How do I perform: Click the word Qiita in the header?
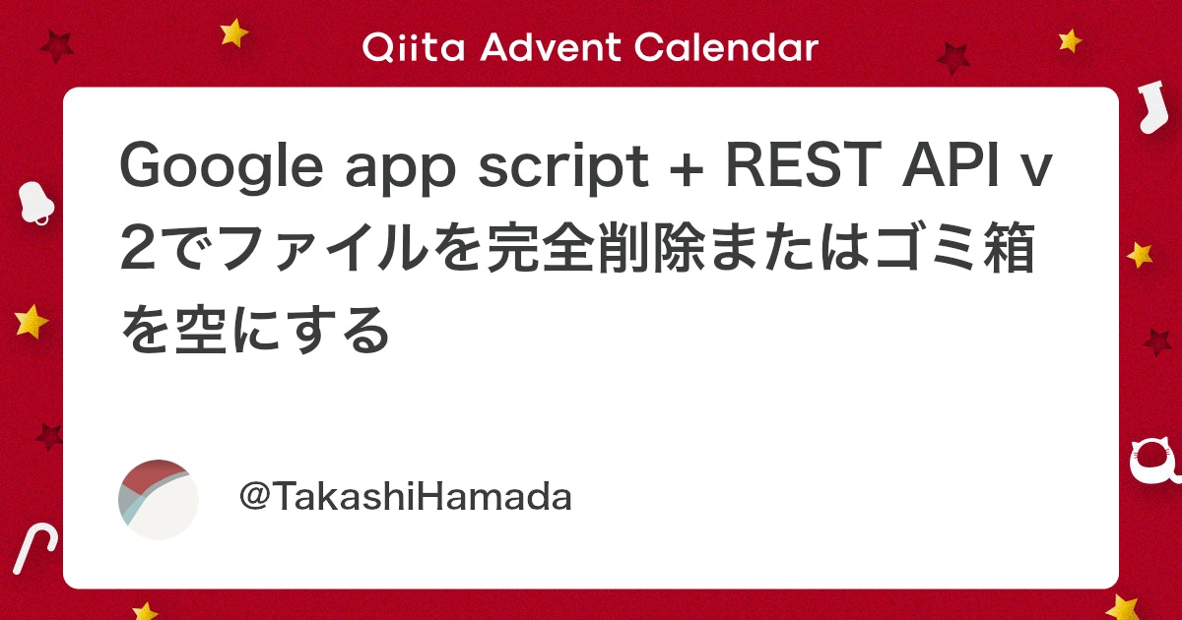tap(414, 47)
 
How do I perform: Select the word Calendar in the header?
tap(726, 47)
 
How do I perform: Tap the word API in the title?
tap(950, 164)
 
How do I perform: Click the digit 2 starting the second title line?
tap(139, 248)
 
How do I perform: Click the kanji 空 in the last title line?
tap(202, 330)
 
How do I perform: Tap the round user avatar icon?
tap(159, 500)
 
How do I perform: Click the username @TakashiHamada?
tap(405, 497)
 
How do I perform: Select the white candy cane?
tap(34, 548)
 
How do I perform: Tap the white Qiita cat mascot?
tap(1155, 461)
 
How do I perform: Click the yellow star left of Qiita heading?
tap(233, 32)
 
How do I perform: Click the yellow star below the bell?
tap(32, 322)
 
